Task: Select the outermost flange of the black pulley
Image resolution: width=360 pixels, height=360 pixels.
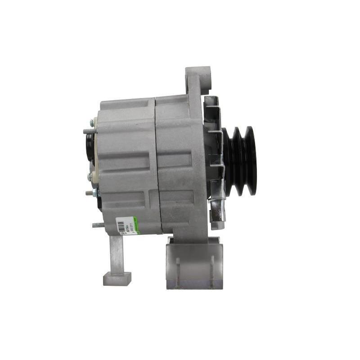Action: coord(251,161)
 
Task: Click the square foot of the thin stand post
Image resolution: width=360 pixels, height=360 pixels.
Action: coord(117,279)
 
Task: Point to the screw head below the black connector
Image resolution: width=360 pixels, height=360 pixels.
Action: coord(90,177)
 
